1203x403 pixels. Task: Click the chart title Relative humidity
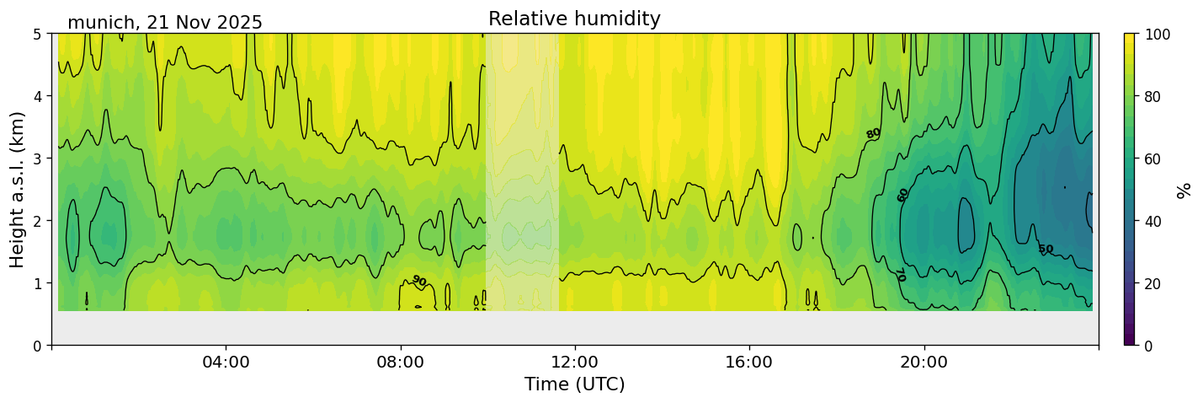coord(574,19)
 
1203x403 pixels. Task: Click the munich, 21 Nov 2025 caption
coord(165,23)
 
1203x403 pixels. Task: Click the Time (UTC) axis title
coord(574,384)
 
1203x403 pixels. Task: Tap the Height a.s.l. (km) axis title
coord(18,189)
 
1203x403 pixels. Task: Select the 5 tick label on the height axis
coord(39,34)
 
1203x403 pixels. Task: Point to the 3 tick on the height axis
coord(39,159)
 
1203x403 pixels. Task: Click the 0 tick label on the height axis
coord(39,345)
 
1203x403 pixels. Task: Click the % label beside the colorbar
coord(1184,190)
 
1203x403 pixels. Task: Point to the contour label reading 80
coord(873,133)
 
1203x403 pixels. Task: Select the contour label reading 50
coord(1045,249)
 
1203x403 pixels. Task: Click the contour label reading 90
coord(418,281)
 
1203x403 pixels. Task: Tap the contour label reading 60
coord(902,195)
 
